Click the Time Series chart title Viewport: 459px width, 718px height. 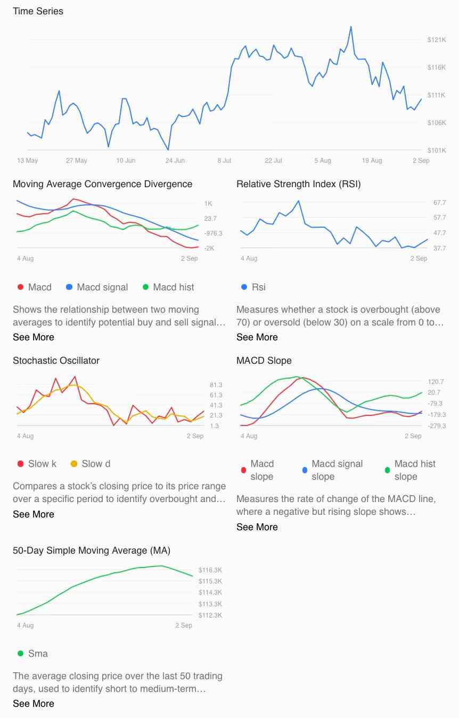click(x=38, y=11)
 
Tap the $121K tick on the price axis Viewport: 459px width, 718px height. click(x=436, y=40)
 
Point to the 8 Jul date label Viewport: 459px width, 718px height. click(x=224, y=161)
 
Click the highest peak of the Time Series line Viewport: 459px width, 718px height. click(x=351, y=26)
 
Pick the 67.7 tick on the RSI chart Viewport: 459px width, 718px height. click(x=425, y=203)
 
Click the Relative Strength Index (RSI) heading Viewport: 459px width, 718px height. click(x=298, y=184)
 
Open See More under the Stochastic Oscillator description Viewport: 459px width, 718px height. click(x=34, y=514)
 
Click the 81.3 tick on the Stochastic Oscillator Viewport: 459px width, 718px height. click(x=216, y=385)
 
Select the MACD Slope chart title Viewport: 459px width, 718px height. click(x=264, y=361)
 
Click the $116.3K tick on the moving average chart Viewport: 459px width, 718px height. click(x=210, y=570)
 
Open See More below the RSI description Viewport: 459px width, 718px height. click(x=257, y=337)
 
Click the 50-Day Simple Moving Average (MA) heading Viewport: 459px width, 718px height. click(x=92, y=550)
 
